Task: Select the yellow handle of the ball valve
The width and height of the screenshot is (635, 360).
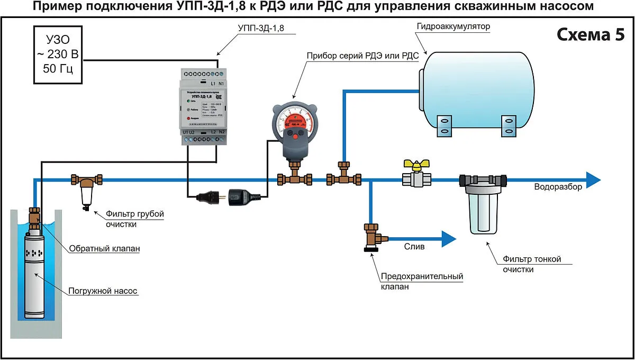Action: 413,166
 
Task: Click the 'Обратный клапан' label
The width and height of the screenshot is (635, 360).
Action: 104,248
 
